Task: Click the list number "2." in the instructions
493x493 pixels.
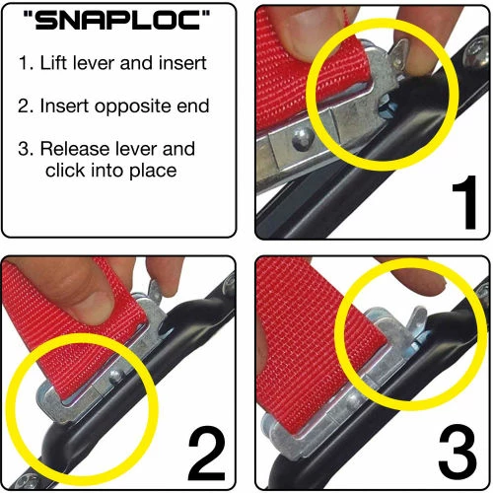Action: (27, 106)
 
